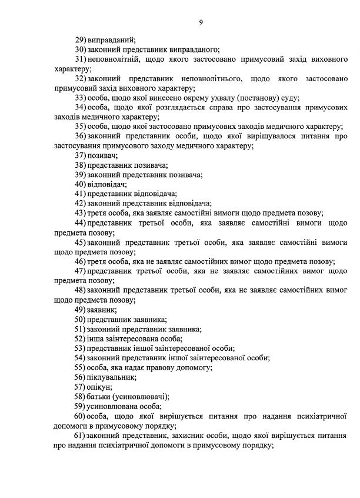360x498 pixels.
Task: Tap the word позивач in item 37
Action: [102, 155]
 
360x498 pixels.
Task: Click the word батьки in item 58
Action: [99, 396]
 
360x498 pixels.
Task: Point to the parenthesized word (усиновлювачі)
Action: [141, 396]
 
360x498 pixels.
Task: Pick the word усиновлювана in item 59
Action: [114, 406]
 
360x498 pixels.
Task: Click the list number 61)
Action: [81, 435]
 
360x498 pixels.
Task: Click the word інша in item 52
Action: [96, 338]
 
